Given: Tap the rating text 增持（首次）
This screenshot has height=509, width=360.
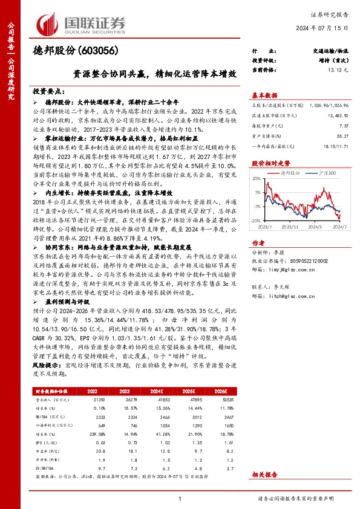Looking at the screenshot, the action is click(336, 61).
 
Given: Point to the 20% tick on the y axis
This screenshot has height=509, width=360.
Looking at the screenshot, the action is click(257, 178).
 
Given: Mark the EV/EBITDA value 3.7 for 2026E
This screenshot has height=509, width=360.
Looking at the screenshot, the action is click(227, 467).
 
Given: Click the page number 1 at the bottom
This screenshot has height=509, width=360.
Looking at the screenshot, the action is click(180, 498).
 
